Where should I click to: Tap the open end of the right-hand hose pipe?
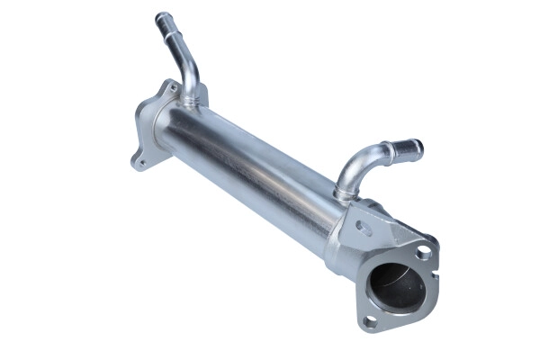(x=416, y=146)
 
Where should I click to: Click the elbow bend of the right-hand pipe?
(x=353, y=166)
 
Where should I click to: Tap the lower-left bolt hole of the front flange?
(x=368, y=319)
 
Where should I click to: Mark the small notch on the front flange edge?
(x=436, y=240)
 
